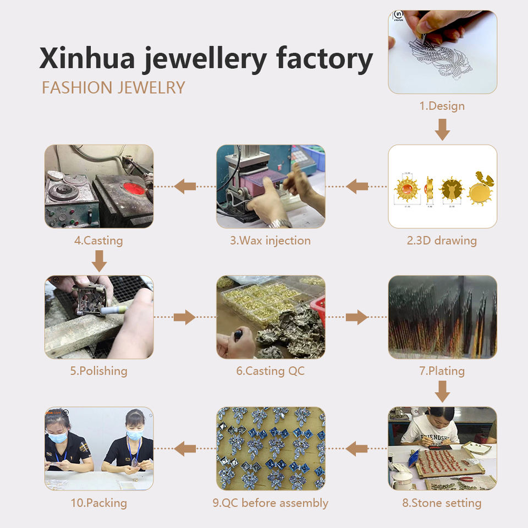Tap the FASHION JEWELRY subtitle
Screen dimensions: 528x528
pyautogui.click(x=113, y=88)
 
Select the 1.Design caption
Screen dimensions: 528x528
pyautogui.click(x=442, y=106)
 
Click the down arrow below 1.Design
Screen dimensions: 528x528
pyautogui.click(x=442, y=129)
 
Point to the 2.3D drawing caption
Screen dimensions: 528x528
pyautogui.click(x=442, y=240)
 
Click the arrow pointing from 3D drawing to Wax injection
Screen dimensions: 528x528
pyautogui.click(x=358, y=186)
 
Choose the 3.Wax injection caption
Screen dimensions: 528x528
pyautogui.click(x=271, y=240)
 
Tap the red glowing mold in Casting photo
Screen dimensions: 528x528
pyautogui.click(x=134, y=188)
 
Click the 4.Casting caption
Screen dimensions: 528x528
pyautogui.click(x=99, y=240)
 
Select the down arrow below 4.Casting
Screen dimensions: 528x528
pyautogui.click(x=99, y=261)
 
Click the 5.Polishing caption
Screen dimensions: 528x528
pyautogui.click(x=99, y=371)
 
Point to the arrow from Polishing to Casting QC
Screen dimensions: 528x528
pyautogui.click(x=184, y=317)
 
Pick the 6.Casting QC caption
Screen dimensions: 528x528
pyautogui.click(x=271, y=371)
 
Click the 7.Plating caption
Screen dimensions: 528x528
pyautogui.click(x=442, y=371)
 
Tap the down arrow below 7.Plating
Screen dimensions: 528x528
pyautogui.click(x=442, y=392)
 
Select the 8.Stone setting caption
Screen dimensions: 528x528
pyautogui.click(x=442, y=503)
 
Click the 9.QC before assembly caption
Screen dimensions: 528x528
pyautogui.click(x=271, y=503)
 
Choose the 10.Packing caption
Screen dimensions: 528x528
pyautogui.click(x=99, y=503)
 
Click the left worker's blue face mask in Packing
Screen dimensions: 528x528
pyautogui.click(x=58, y=437)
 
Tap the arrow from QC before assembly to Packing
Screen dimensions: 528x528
pyautogui.click(x=185, y=449)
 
